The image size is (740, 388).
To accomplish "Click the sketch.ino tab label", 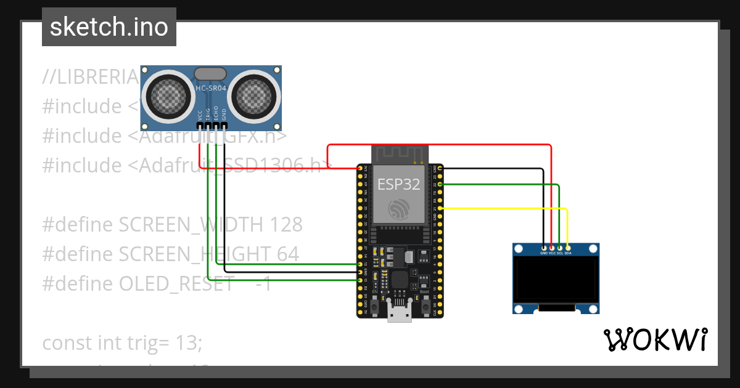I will pos(109,27).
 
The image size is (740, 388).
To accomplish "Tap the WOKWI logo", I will pos(654,339).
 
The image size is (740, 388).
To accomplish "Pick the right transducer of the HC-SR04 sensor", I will pos(258,95).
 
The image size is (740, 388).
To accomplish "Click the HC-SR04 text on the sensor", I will pos(211,89).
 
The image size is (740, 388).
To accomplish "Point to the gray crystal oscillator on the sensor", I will pos(211,74).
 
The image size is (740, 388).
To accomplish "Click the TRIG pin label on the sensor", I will pos(208,114).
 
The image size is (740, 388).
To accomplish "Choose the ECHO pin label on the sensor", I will pos(216,114).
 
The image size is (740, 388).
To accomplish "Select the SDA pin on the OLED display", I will pos(568,248).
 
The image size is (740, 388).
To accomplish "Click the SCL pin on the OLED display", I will pos(560,248).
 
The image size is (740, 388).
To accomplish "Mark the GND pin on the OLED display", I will pos(543,248).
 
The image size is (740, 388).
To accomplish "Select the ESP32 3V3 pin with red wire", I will pos(360,168).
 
